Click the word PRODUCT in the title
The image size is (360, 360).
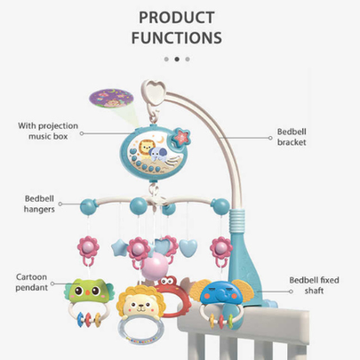tap(177, 18)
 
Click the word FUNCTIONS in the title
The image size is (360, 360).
tap(177, 38)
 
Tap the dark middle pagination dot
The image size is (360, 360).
tap(177, 60)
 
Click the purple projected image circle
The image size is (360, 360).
tap(111, 99)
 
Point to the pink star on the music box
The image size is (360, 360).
tap(181, 136)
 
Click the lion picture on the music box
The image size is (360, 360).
tap(146, 147)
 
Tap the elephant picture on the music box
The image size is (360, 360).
tap(157, 154)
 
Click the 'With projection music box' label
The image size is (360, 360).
tap(48, 131)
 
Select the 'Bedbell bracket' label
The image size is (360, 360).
tap(292, 137)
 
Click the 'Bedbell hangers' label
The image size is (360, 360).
tap(39, 204)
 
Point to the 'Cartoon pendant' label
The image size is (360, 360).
tap(32, 282)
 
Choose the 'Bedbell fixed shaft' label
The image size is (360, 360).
tap(314, 285)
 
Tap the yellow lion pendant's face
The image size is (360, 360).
tap(140, 304)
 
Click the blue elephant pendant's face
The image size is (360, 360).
tap(220, 292)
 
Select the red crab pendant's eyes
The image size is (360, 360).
tap(169, 279)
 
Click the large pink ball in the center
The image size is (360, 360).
tap(155, 267)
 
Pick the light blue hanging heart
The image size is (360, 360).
tap(188, 248)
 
